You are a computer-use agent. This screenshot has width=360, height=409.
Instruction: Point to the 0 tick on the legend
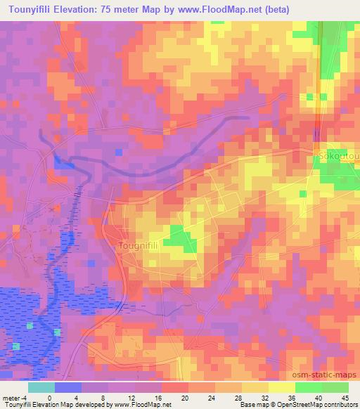(x=49, y=398)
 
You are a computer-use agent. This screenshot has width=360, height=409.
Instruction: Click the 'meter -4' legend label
(x=14, y=398)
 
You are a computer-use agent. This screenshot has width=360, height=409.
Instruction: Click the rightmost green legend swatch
(x=335, y=387)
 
